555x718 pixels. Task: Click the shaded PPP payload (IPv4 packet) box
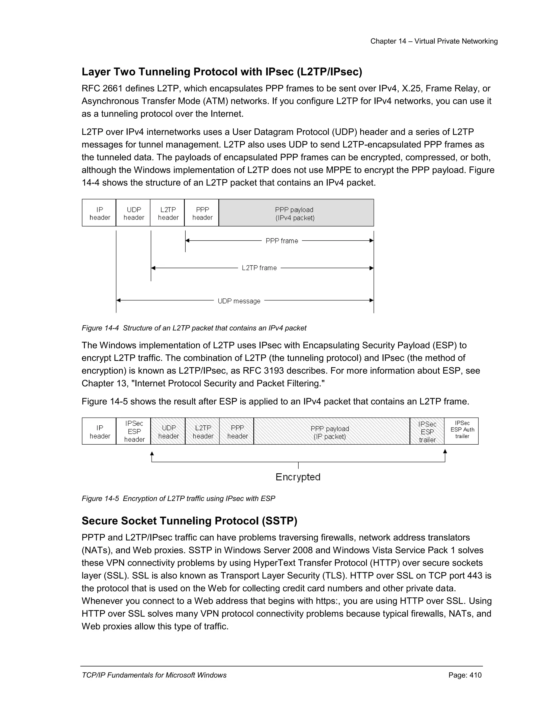pos(296,213)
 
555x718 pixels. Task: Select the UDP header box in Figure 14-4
pos(134,213)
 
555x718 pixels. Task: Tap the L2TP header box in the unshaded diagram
pos(168,213)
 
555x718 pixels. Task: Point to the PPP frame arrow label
pos(282,241)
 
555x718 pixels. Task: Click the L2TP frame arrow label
pos(259,268)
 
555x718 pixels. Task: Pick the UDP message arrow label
pos(239,301)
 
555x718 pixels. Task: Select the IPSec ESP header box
pos(134,431)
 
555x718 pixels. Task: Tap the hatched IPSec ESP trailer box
pos(427,432)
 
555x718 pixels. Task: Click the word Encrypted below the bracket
pos(298,477)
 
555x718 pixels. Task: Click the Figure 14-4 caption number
pos(111,328)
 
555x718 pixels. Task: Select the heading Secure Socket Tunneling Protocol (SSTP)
pos(189,521)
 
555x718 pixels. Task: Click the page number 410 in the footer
pos(475,675)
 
